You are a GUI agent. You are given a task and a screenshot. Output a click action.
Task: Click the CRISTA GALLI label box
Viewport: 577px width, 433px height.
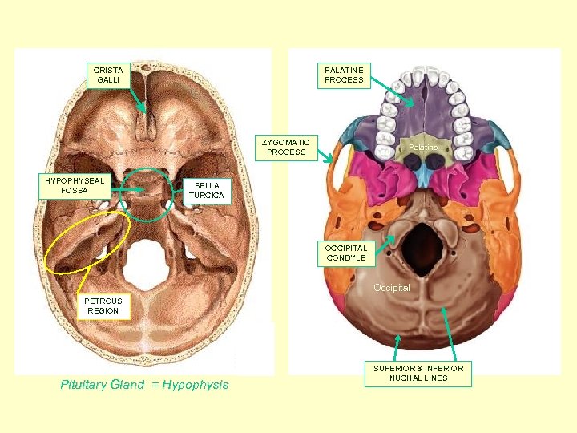[107, 75]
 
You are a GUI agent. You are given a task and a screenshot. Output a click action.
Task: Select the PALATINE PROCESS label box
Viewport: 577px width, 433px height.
[344, 75]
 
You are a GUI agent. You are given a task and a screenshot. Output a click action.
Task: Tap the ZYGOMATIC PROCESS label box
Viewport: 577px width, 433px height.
[287, 148]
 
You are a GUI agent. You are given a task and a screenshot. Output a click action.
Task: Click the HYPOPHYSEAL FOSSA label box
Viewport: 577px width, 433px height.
[75, 185]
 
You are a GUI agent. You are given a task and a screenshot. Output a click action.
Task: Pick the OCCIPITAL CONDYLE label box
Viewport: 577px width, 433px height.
[346, 253]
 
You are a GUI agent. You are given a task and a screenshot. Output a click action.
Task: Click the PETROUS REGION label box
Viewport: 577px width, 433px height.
[103, 306]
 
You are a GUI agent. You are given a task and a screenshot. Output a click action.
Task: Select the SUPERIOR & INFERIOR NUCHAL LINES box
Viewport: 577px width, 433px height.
[418, 373]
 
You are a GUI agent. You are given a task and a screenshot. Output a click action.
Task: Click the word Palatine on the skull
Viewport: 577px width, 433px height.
[422, 148]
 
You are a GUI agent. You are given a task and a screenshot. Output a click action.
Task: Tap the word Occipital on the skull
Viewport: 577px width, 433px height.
[391, 287]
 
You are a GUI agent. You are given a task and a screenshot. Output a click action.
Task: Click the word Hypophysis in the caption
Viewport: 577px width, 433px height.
[195, 385]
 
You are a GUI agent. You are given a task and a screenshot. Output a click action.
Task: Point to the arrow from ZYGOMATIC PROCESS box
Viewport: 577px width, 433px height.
[326, 156]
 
